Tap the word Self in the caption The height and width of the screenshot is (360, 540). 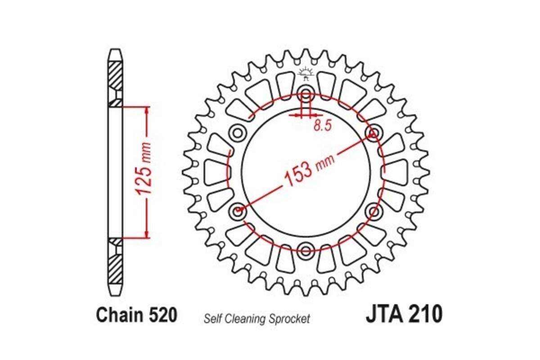coord(212,319)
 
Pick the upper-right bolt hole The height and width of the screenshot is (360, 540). coord(373,133)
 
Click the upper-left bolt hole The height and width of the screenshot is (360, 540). coord(237,133)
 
